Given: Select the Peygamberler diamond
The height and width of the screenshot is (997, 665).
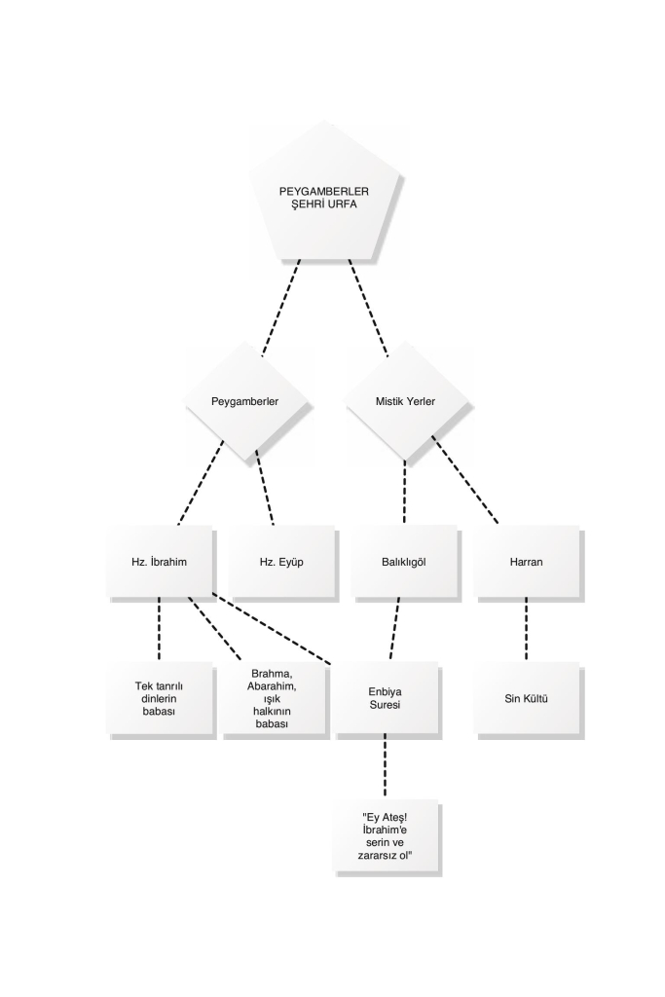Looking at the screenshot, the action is tap(244, 401).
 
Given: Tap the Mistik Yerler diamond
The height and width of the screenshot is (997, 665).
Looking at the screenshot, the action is tap(405, 401).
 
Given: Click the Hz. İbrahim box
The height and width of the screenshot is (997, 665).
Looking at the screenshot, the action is tap(159, 562).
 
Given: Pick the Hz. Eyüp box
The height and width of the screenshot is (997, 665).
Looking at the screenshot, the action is tap(281, 562).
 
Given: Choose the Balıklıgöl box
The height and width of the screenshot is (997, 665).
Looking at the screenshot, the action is tap(404, 562).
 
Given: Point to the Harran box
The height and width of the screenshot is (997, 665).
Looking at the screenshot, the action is tap(526, 562).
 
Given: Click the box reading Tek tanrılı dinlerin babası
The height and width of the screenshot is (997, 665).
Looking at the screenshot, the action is tap(159, 698).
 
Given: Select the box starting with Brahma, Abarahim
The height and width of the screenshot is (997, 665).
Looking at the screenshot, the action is tap(272, 698).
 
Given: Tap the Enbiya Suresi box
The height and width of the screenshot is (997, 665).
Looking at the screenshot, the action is tap(386, 698).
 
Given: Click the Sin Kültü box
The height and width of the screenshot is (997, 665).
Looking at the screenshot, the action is tap(526, 698).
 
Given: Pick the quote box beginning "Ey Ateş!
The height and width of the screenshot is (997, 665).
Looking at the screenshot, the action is tap(386, 835).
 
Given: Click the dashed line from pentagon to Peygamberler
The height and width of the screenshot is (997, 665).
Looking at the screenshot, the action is tap(280, 308).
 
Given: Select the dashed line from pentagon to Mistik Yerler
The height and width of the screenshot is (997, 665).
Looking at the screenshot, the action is tap(367, 308).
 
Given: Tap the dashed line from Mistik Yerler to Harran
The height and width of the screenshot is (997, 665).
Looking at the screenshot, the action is tap(464, 479).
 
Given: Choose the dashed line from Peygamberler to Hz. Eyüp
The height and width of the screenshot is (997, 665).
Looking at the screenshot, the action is tap(265, 488).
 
